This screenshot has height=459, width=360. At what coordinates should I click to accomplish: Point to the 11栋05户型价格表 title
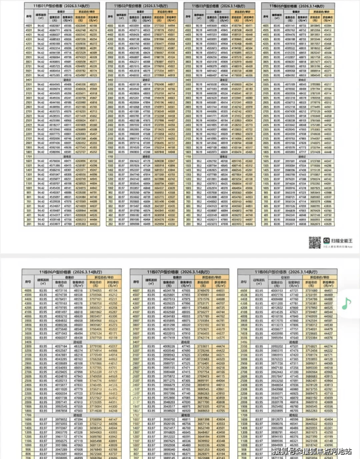[x=309, y=5]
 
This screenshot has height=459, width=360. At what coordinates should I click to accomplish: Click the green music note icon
[x=346, y=304]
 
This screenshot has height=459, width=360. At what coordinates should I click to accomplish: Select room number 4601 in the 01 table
[x=10, y=25]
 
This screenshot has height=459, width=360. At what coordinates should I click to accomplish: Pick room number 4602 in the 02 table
[x=97, y=25]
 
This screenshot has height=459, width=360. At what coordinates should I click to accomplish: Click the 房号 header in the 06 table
[x=28, y=282]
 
